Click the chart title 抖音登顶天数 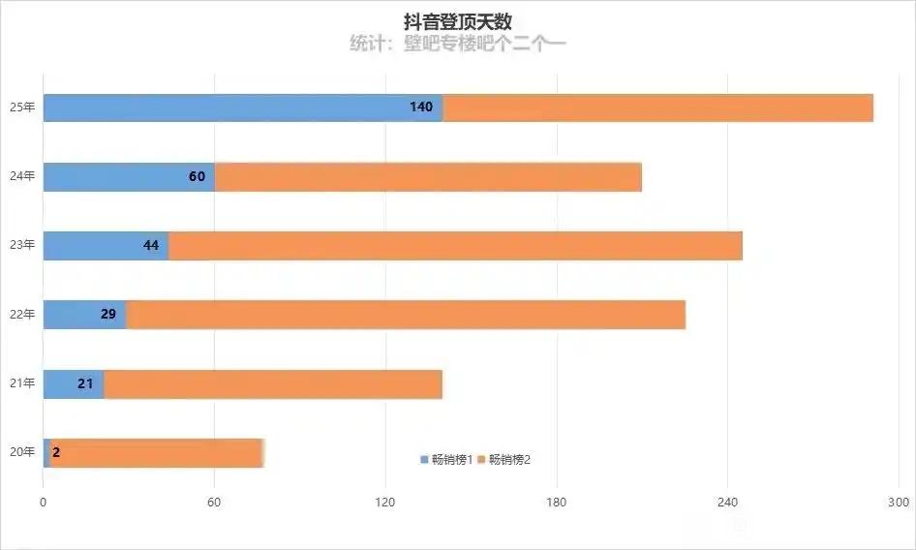457,21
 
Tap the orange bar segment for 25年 658,107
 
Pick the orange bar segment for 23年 455,246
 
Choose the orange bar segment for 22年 407,315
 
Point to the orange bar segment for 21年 273,384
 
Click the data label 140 421,107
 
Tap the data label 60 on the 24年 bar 197,177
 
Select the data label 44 151,246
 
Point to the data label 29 108,315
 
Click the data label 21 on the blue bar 85,384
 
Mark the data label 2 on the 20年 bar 56,452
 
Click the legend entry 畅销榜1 446,460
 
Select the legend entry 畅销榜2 504,460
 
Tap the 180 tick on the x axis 556,503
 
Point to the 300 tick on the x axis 899,503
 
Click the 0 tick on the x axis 44,503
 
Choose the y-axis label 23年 22,246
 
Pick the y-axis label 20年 22,452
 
